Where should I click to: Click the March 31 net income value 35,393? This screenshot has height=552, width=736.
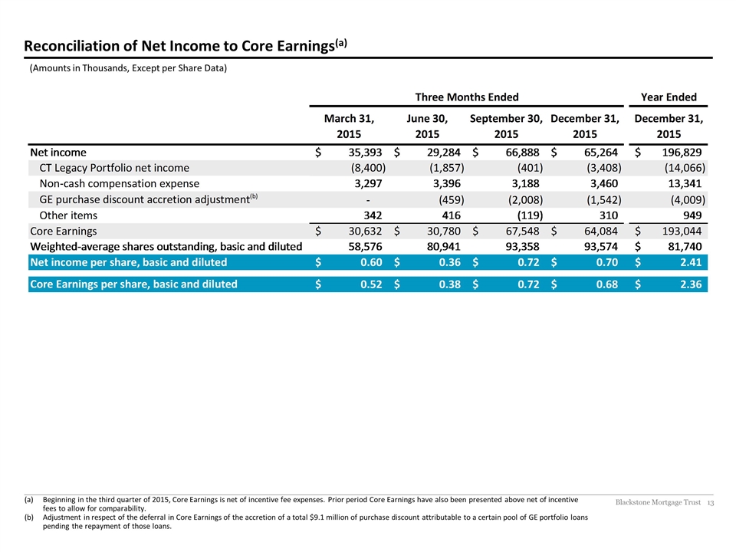click(365, 153)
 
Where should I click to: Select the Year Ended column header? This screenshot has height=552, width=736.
click(669, 97)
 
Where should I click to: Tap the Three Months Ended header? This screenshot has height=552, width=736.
click(467, 97)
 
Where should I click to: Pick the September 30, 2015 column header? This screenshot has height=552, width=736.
click(506, 127)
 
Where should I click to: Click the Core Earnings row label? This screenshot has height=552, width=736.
click(64, 231)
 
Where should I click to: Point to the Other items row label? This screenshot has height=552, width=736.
click(68, 215)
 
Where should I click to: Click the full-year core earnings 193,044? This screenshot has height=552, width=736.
click(682, 231)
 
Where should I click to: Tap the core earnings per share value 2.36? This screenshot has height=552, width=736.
click(691, 284)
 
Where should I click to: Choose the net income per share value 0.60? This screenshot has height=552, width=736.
click(371, 262)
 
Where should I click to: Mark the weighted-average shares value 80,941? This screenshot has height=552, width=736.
click(444, 247)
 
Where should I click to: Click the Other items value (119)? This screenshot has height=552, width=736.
click(527, 215)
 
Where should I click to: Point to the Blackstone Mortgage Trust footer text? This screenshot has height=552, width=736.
click(658, 502)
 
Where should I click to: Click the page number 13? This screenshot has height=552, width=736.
click(710, 503)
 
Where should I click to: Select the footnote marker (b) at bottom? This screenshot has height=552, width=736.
click(28, 517)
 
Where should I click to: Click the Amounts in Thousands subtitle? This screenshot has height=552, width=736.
click(128, 68)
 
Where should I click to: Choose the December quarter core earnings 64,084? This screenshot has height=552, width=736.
click(601, 231)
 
